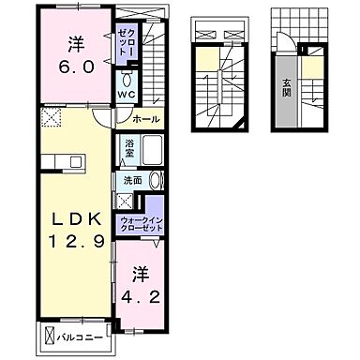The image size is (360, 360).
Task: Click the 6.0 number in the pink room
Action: click(x=77, y=68)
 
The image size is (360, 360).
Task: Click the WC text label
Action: click(x=127, y=95)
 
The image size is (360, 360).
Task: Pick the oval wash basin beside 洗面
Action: click(x=156, y=180)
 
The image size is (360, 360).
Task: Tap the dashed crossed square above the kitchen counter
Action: click(x=49, y=119)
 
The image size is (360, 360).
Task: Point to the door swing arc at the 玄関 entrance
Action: click(x=283, y=40)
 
